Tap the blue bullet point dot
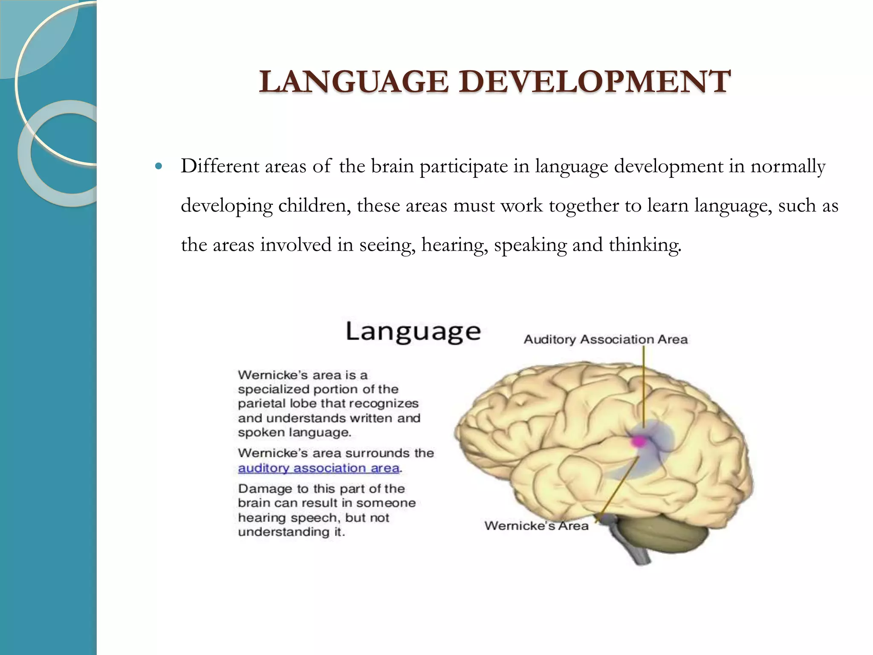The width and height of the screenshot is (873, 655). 159,166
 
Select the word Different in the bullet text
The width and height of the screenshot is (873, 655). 220,166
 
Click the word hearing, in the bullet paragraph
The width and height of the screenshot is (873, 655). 454,245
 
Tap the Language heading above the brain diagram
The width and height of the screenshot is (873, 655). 413,332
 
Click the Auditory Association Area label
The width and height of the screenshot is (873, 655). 605,339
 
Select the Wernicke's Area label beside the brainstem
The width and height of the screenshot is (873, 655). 536,525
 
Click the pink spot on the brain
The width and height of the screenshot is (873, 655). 639,441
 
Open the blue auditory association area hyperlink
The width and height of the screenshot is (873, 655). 319,468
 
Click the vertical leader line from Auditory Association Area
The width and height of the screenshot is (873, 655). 644,384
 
